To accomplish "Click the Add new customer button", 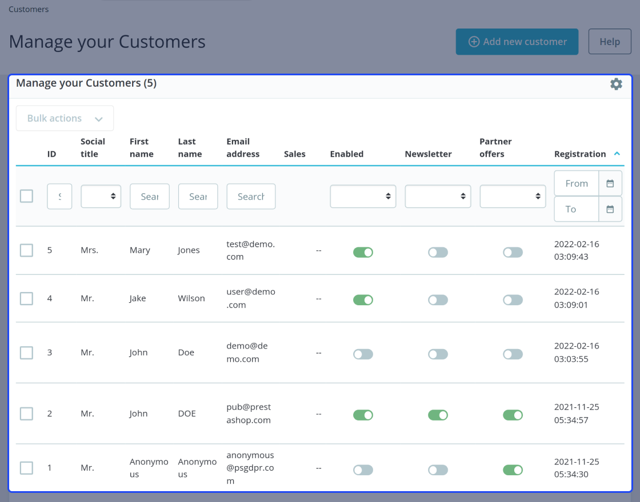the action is [517, 42].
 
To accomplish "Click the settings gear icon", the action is [616, 84].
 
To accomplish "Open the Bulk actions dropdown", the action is [65, 118].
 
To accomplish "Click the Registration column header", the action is [579, 154].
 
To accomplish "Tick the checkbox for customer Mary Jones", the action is [26, 250].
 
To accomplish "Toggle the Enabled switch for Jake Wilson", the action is [363, 300].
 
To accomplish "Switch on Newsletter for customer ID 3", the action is [438, 354].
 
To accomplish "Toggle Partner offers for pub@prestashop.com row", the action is [513, 415].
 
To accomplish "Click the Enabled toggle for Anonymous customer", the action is [363, 470].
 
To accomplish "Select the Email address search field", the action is [251, 196].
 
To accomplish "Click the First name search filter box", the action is [149, 196].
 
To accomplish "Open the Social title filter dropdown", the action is [101, 196].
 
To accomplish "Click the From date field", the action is [577, 183].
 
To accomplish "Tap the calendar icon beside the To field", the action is [610, 209].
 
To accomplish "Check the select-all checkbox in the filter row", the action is [26, 196].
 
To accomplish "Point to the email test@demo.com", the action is [251, 250].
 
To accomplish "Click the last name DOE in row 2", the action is [187, 414].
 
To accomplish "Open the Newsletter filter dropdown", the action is [438, 196].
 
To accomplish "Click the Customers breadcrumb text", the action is [29, 9].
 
